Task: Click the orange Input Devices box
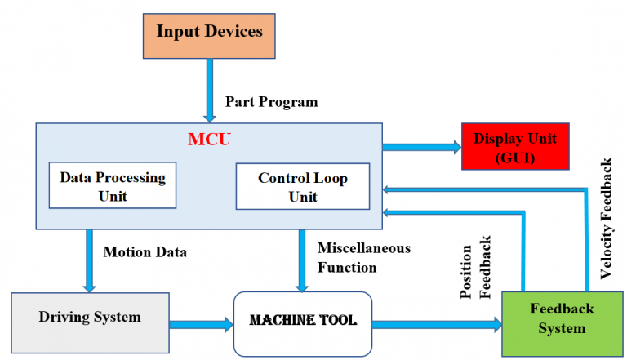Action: click(209, 35)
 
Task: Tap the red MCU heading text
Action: click(209, 139)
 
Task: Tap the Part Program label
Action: click(271, 103)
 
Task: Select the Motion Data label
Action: click(145, 251)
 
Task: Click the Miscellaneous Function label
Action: click(363, 257)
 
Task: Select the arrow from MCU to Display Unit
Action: click(421, 148)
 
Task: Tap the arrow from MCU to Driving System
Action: click(89, 260)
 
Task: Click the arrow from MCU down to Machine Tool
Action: click(303, 260)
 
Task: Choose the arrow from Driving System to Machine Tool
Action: click(200, 324)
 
